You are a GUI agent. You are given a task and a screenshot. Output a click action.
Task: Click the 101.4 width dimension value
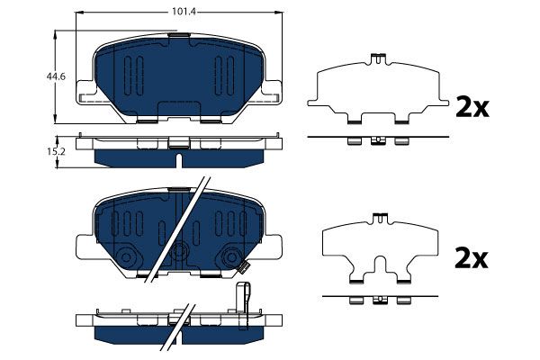tap(184, 12)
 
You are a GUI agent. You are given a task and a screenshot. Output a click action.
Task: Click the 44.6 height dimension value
tap(56, 76)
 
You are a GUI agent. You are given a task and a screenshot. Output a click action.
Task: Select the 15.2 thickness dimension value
tap(56, 151)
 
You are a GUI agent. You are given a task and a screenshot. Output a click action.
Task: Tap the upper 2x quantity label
tap(472, 107)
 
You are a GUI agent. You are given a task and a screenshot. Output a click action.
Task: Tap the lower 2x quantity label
tap(471, 257)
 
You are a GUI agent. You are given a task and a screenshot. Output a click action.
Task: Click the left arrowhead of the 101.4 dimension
tap(79, 13)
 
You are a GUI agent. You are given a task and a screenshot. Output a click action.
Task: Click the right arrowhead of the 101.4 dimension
tap(278, 13)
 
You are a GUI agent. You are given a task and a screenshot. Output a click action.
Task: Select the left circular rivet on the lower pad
tap(126, 257)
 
